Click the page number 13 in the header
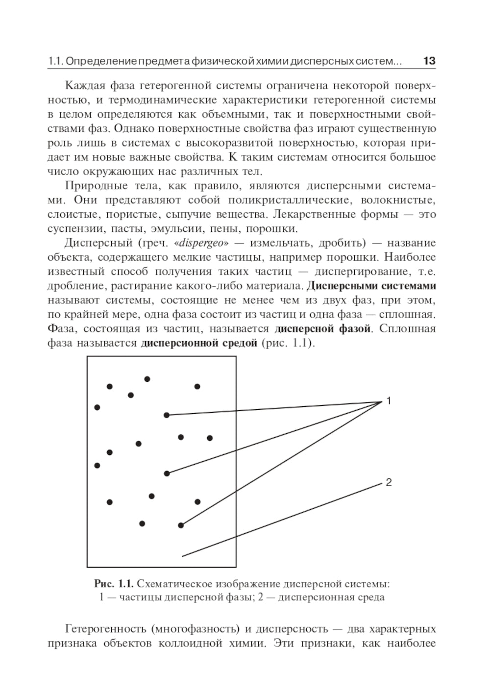tap(429, 61)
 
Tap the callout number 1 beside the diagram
tap(389, 401)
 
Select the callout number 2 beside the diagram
tap(389, 482)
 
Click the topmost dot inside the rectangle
tap(147, 379)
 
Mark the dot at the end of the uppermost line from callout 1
tap(167, 415)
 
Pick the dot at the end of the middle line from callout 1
tap(167, 473)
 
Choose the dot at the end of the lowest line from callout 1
tap(181, 525)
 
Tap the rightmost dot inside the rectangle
tap(210, 438)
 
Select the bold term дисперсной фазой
tap(322, 328)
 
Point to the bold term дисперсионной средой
tap(199, 343)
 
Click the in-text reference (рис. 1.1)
tap(289, 343)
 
